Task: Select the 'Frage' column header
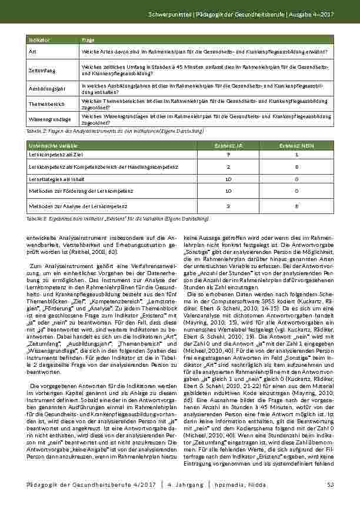(88, 39)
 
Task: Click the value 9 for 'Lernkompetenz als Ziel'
(228, 154)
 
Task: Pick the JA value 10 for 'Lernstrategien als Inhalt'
(228, 179)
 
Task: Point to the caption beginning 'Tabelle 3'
(118, 218)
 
